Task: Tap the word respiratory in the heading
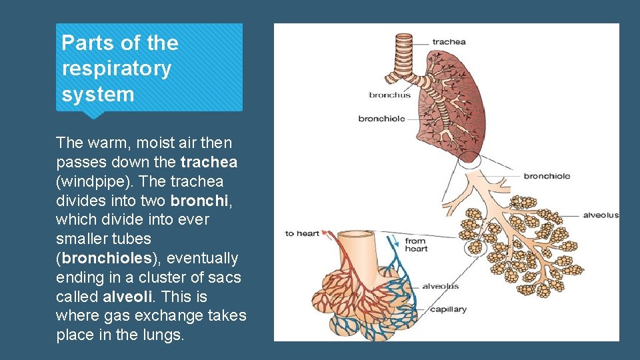116,69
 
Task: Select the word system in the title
97,94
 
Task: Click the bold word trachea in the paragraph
209,162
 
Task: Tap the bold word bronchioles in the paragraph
103,258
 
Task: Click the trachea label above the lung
449,42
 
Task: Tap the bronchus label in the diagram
389,95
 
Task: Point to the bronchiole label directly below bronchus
381,119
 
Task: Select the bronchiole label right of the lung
547,176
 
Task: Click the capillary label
448,309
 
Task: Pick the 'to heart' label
302,233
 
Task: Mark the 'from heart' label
415,245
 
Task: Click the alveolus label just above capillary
440,286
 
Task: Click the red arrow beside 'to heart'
328,233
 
